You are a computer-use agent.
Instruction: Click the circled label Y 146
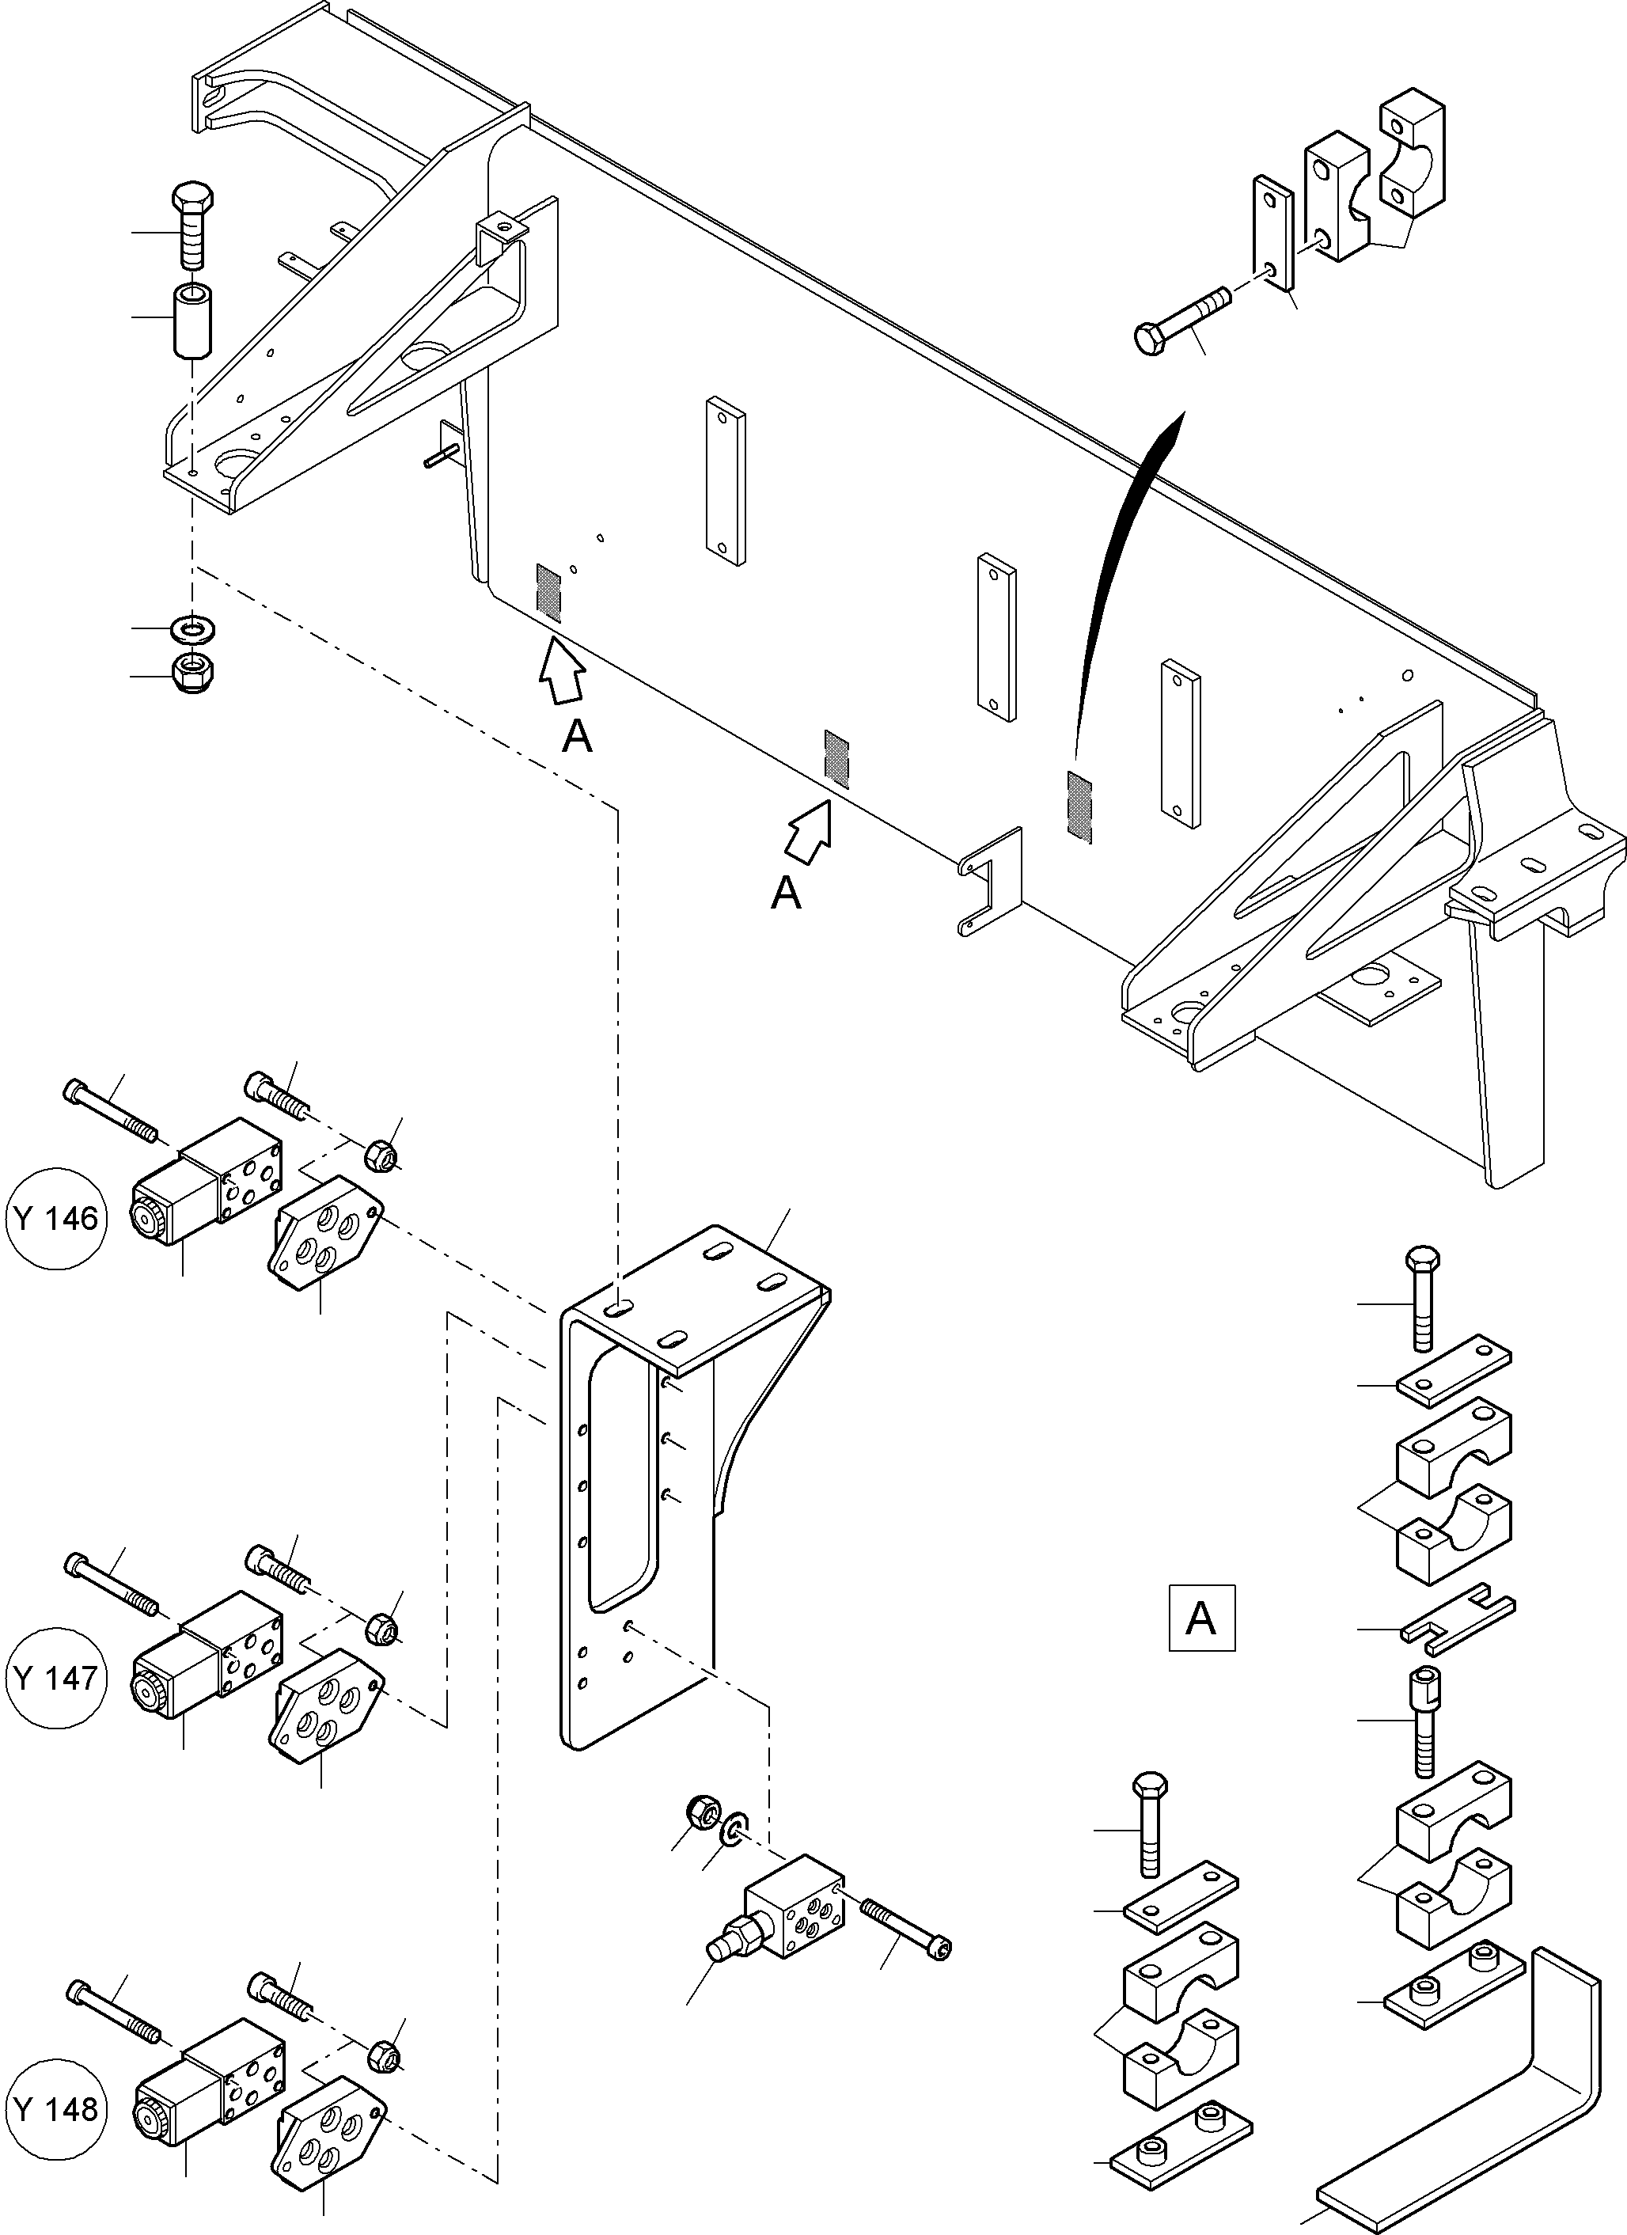(x=55, y=1219)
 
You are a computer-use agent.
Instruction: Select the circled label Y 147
(x=55, y=1677)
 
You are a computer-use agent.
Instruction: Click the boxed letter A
(x=1201, y=1617)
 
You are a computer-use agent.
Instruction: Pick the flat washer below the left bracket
(x=194, y=627)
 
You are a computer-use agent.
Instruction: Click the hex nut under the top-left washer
(x=194, y=673)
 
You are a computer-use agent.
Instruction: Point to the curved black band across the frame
(x=1124, y=582)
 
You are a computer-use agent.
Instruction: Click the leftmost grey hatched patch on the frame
(x=548, y=592)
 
